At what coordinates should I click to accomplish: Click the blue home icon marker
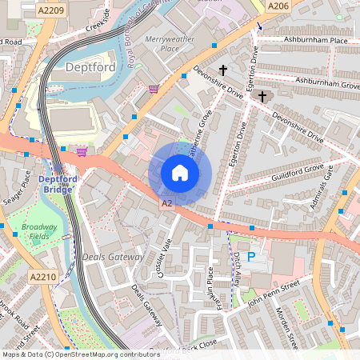click(180, 173)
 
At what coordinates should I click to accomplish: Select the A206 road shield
click(277, 6)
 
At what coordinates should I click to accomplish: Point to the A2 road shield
click(166, 204)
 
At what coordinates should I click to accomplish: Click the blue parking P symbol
click(251, 257)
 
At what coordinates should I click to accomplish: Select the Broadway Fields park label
click(39, 232)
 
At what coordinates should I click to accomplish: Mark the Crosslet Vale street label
click(164, 258)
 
